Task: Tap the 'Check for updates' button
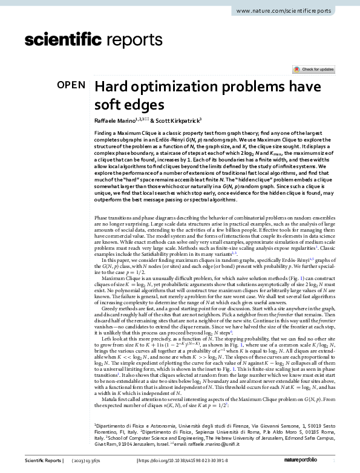pos(314,70)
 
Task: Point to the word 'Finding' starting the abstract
pos(106,132)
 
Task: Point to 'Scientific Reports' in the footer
pos(42,461)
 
